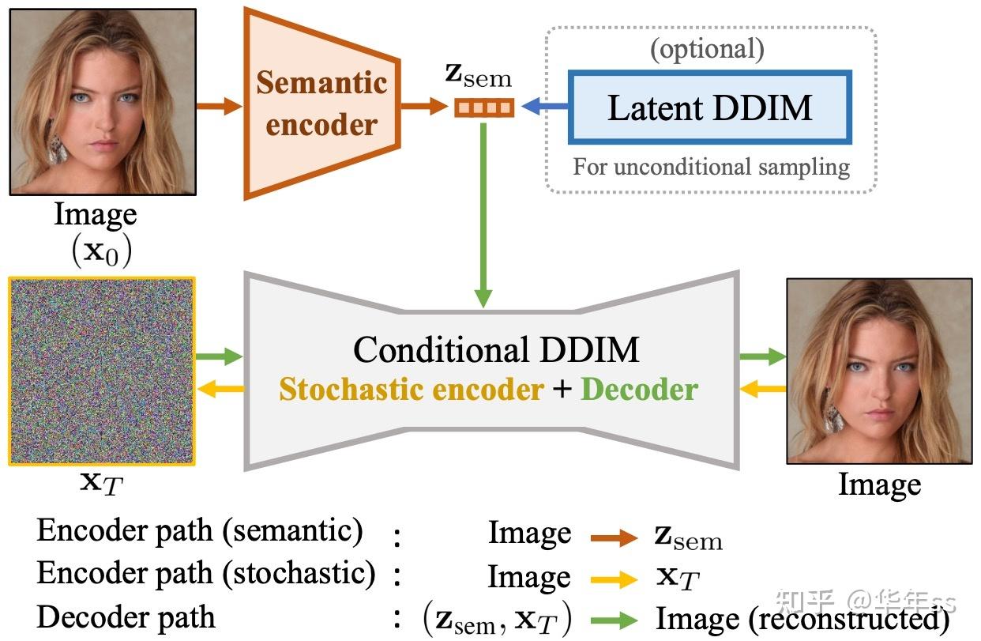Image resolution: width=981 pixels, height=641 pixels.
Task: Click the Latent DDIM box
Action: tap(709, 107)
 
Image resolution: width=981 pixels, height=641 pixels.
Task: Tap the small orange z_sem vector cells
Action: tap(484, 107)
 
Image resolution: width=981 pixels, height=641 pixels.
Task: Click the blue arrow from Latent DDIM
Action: tap(544, 106)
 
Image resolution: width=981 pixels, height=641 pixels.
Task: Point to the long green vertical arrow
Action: tap(483, 213)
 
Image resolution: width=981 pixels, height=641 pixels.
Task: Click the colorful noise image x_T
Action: tap(102, 371)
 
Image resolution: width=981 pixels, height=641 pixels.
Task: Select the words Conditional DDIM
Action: tap(495, 349)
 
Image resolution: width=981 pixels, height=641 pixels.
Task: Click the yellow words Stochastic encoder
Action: tap(411, 390)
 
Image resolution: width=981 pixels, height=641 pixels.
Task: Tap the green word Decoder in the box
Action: tap(639, 390)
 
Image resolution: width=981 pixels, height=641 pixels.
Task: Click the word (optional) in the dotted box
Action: tap(707, 49)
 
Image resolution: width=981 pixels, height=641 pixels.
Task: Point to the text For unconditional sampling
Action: tap(711, 167)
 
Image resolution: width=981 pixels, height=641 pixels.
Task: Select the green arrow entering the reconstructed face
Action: tap(762, 358)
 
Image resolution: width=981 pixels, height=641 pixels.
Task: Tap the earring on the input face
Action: tap(58, 148)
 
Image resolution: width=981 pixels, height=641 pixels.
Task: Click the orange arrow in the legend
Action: tap(613, 538)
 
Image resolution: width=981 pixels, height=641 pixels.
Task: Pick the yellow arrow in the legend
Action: tap(613, 580)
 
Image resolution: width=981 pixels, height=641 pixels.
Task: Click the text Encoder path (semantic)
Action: tap(200, 531)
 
